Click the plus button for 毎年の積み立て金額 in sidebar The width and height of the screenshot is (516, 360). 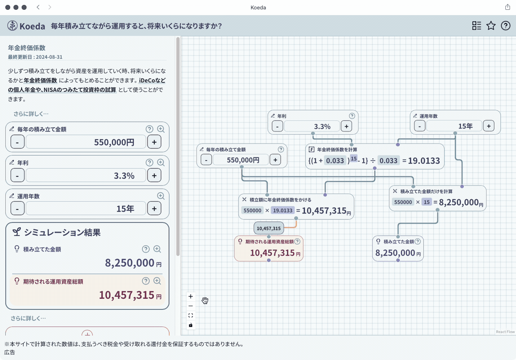[x=154, y=142]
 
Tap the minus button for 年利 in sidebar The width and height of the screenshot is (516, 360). [x=17, y=176]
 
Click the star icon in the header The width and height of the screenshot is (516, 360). [x=491, y=26]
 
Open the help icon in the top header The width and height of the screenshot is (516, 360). [x=505, y=26]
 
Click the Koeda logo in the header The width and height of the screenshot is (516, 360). [x=26, y=26]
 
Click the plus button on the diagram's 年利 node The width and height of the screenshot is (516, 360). [x=346, y=126]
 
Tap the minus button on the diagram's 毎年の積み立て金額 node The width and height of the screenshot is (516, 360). [x=206, y=160]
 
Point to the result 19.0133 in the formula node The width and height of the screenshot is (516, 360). [x=424, y=161]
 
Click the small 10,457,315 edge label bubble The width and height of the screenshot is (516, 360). [x=269, y=228]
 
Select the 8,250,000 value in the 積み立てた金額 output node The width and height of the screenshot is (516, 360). [x=395, y=253]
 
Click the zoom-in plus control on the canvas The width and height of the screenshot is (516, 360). [x=190, y=296]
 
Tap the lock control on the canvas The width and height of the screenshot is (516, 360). [x=190, y=325]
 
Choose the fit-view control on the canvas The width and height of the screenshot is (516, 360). [x=190, y=316]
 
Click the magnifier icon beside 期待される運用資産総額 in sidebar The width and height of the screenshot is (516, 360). [x=157, y=281]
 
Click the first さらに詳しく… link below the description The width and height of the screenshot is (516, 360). [x=31, y=114]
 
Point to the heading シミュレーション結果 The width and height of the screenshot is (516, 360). [x=62, y=232]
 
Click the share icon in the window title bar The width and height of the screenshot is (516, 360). [x=507, y=7]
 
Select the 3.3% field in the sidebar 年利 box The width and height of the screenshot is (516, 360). [x=86, y=176]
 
